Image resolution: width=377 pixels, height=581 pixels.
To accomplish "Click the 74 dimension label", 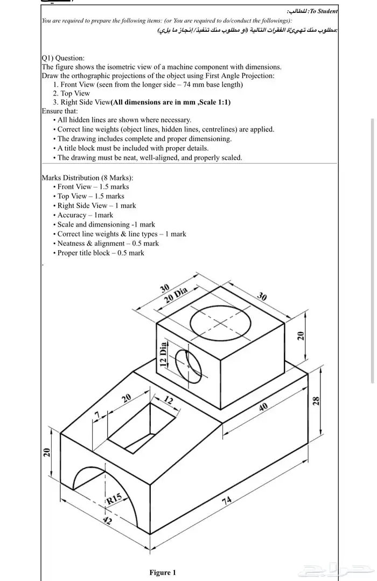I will (227, 501).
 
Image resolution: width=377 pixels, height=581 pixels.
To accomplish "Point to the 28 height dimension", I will (317, 401).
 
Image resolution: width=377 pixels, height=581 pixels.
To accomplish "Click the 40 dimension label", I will (263, 407).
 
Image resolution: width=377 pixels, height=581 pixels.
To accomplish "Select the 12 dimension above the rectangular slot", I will (169, 400).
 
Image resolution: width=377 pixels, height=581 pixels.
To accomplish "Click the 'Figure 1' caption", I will (163, 572).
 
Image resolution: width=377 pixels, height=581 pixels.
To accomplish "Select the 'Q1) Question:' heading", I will (63, 58).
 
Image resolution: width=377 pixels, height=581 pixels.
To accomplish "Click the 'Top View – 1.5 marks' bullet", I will (90, 196).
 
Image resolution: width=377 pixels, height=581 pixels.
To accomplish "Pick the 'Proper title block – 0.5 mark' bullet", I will (101, 253).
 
